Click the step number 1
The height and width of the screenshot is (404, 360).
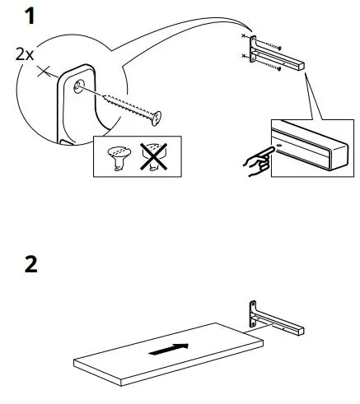point(30,16)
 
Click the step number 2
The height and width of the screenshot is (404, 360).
point(31,265)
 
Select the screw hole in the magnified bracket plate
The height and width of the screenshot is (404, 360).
point(78,86)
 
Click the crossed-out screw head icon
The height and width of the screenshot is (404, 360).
point(151,156)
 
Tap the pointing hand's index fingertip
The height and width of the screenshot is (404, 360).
point(269,150)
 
